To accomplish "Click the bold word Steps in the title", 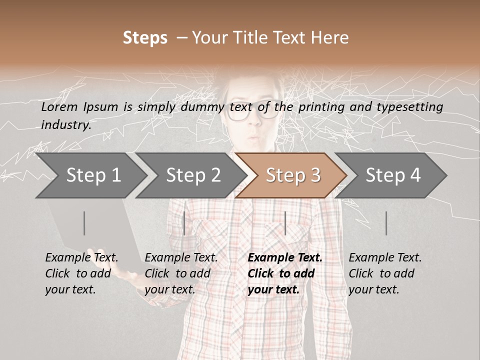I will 145,38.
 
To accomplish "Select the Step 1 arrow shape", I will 90,175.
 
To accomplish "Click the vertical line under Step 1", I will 84,223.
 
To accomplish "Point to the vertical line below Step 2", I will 184,223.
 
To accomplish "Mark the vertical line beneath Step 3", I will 285,223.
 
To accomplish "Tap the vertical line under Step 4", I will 386,223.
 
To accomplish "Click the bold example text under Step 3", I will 284,273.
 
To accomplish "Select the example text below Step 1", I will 81,273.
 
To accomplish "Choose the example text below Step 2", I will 181,273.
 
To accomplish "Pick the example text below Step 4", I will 385,273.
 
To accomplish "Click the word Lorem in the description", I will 59,107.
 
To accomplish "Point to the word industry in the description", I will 65,125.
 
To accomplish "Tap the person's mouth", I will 254,136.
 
